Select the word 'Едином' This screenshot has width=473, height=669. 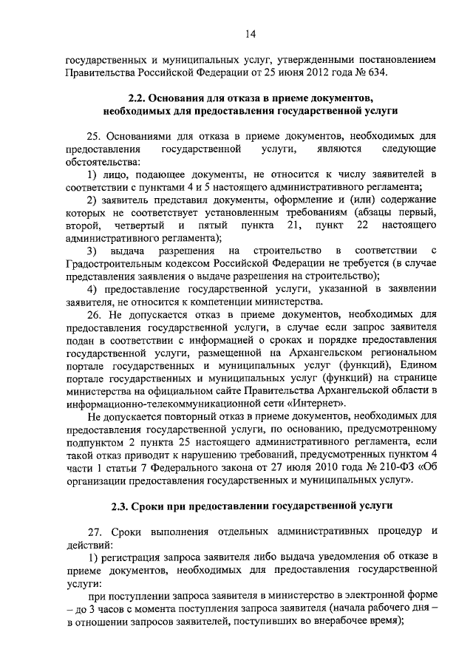click(417, 365)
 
